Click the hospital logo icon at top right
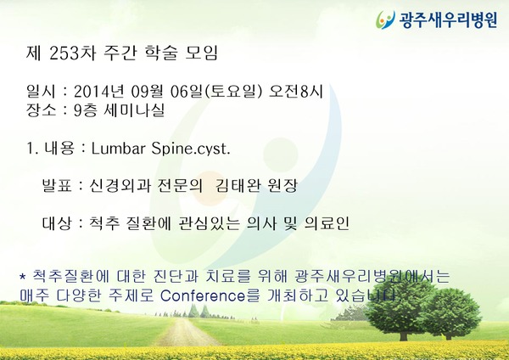pos(385,20)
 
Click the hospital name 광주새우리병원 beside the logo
pos(448,20)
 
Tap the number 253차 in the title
pos(73,53)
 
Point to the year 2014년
pos(99,92)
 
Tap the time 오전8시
pos(296,92)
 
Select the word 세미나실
pos(134,110)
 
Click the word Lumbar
pos(118,149)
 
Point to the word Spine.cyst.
pos(191,149)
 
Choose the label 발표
pos(57,186)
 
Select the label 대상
pos(57,223)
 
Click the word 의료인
pos(327,223)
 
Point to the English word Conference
pos(203,295)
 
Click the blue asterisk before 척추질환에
pos(22,277)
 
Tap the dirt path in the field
pos(185,332)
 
